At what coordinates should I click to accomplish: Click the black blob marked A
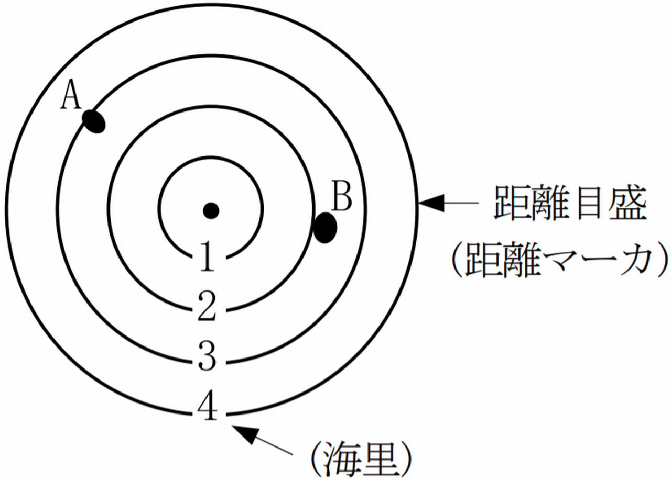[94, 121]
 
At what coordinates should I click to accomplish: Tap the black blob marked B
[325, 228]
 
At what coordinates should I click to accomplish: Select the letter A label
[71, 97]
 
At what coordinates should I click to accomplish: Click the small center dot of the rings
[211, 210]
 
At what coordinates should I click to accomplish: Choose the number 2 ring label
[207, 308]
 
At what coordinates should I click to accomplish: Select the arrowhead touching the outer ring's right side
[431, 203]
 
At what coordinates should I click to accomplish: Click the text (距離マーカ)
[559, 260]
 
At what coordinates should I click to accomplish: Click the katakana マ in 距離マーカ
[561, 261]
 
